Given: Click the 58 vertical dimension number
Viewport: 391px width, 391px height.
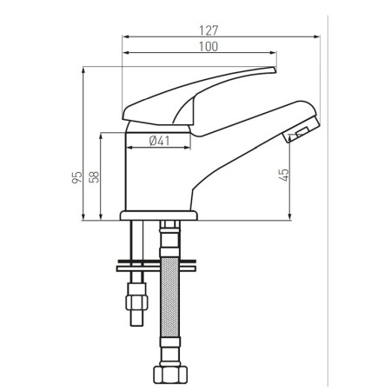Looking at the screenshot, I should [95, 176].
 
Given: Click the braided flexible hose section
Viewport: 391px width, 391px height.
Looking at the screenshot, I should [169, 295].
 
